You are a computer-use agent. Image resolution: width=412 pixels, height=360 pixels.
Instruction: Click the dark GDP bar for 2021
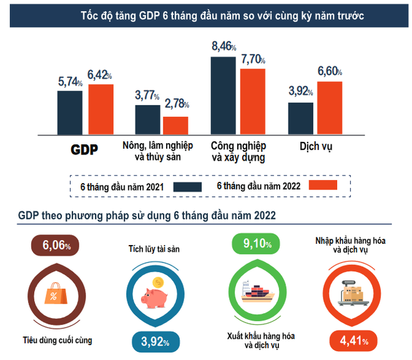70,112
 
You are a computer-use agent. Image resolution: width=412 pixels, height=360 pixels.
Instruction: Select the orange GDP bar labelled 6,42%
101,109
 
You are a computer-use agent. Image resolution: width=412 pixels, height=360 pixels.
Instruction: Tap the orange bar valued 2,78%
175,126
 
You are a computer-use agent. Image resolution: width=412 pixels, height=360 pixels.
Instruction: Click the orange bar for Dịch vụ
330,107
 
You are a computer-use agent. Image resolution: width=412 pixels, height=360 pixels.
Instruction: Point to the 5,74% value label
71,82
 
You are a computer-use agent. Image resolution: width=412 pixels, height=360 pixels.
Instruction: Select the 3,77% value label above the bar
147,96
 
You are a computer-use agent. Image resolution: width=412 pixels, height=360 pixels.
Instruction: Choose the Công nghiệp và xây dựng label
238,151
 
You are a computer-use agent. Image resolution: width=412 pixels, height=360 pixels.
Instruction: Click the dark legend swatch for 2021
187,186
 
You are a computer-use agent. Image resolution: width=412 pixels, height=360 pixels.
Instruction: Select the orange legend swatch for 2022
323,186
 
